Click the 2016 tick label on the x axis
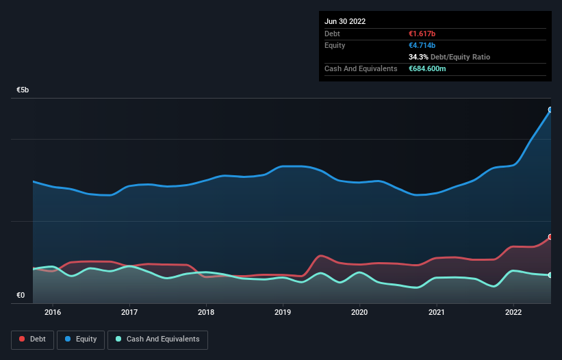coord(53,312)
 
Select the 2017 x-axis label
coord(129,312)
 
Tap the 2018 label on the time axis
coord(206,312)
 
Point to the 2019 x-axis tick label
coord(283,312)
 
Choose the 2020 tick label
coord(359,312)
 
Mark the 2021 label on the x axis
coord(436,312)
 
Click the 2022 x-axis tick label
coord(513,312)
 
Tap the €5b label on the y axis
coord(23,90)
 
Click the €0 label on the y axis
coord(21,296)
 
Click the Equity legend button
coord(81,339)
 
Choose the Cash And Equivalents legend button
coord(157,339)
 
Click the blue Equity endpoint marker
coord(550,110)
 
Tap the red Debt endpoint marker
coord(550,237)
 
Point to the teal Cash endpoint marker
coord(550,275)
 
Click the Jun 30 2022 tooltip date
coord(345,21)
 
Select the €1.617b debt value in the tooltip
coord(424,34)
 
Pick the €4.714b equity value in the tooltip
coord(424,45)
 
